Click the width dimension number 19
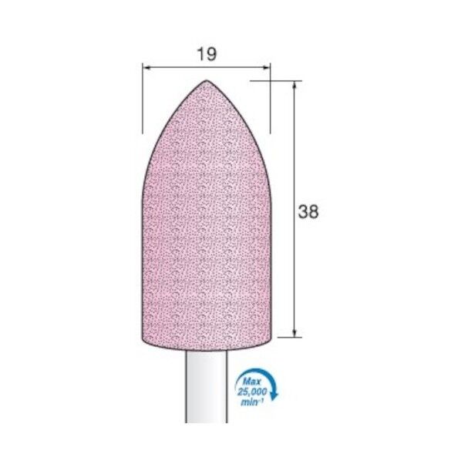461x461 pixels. coord(207,55)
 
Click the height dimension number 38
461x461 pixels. coord(308,211)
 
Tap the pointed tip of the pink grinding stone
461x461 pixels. coord(207,81)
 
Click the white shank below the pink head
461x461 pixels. coord(207,387)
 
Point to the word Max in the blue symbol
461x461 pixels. coord(252,382)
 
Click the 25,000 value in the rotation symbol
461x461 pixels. coord(252,392)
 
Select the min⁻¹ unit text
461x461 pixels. coord(251,402)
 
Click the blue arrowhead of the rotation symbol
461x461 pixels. coord(274,396)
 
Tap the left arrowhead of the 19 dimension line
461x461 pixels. coord(146,68)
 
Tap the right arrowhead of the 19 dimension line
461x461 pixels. coord(267,68)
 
